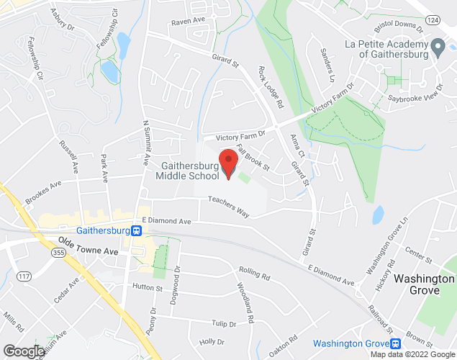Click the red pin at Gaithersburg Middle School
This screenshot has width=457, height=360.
(229, 163)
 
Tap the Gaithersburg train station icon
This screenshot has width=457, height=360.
(137, 230)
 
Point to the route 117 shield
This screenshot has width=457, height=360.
(23, 275)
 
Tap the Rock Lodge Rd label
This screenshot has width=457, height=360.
(270, 89)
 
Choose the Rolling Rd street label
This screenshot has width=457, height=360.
(254, 274)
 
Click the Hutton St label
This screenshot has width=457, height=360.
(148, 287)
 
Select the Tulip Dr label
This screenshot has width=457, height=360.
(224, 324)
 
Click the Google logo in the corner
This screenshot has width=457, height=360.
(23, 351)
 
